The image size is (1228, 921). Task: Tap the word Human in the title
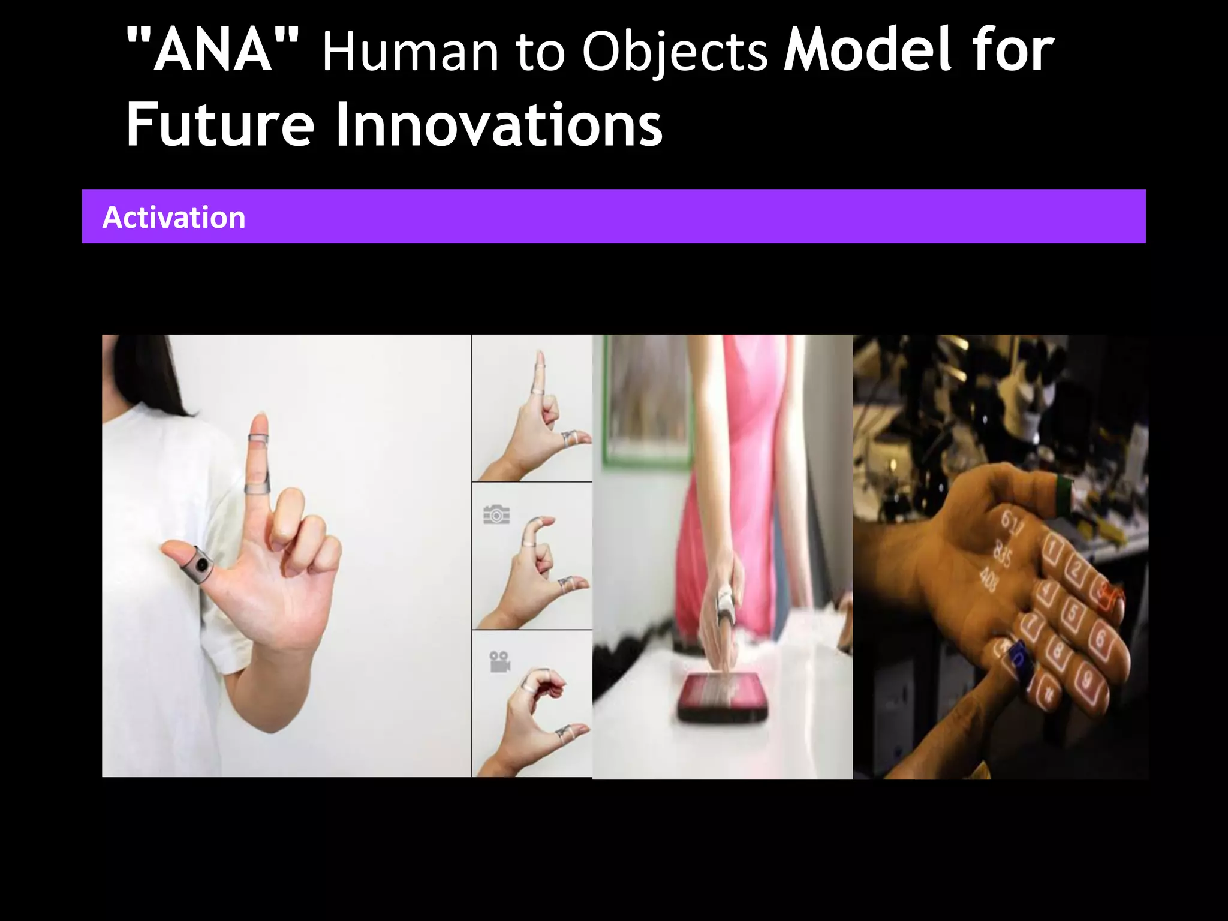[410, 53]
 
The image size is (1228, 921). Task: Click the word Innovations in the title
[498, 125]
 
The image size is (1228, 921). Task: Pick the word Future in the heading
[220, 125]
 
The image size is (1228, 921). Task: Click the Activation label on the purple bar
[174, 217]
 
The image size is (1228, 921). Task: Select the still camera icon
[496, 515]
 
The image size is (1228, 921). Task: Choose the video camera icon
[499, 661]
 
